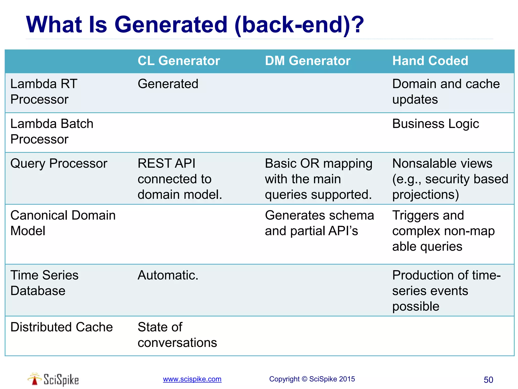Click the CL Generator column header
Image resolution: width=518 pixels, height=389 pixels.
pyautogui.click(x=179, y=61)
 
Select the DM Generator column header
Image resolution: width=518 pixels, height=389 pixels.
pyautogui.click(x=308, y=61)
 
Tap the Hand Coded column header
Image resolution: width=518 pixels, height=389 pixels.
pyautogui.click(x=430, y=61)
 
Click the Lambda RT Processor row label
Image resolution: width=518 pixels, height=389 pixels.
pyautogui.click(x=44, y=91)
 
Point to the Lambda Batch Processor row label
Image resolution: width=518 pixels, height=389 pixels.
pyautogui.click(x=52, y=131)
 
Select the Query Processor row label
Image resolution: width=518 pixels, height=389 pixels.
pyautogui.click(x=59, y=163)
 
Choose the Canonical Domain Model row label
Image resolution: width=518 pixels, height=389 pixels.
pyautogui.click(x=63, y=223)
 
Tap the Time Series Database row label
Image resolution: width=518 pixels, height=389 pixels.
pyautogui.click(x=44, y=283)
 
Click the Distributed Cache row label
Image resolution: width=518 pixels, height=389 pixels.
pyautogui.click(x=61, y=327)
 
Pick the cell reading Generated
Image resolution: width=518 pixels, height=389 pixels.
pyautogui.click(x=168, y=84)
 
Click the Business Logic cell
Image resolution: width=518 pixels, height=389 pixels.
pyautogui.click(x=436, y=124)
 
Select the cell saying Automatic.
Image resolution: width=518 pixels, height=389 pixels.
pyautogui.click(x=168, y=275)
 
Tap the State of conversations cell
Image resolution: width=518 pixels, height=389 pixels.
pyautogui.click(x=177, y=335)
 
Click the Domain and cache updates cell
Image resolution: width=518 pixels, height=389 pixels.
pyautogui.click(x=446, y=91)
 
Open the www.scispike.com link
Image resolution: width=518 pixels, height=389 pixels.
pyautogui.click(x=192, y=379)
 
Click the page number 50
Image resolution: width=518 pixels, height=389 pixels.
pyautogui.click(x=488, y=380)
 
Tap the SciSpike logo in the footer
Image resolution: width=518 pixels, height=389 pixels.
pyautogui.click(x=53, y=379)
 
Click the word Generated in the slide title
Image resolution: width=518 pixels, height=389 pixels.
pyautogui.click(x=171, y=25)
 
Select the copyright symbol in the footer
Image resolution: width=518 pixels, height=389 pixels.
pyautogui.click(x=305, y=379)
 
